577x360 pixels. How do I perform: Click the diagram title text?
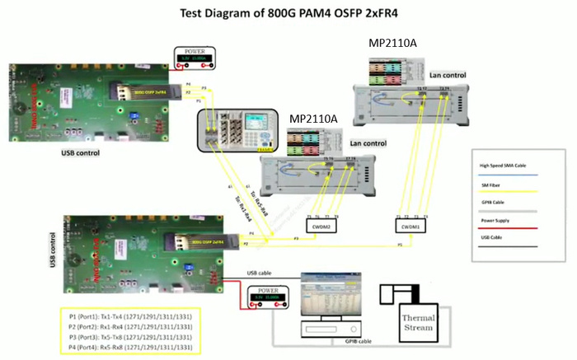pyautogui.click(x=288, y=13)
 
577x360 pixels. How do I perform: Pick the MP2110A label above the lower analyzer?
pyautogui.click(x=313, y=119)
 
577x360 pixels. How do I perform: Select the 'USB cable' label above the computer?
pyautogui.click(x=263, y=272)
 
